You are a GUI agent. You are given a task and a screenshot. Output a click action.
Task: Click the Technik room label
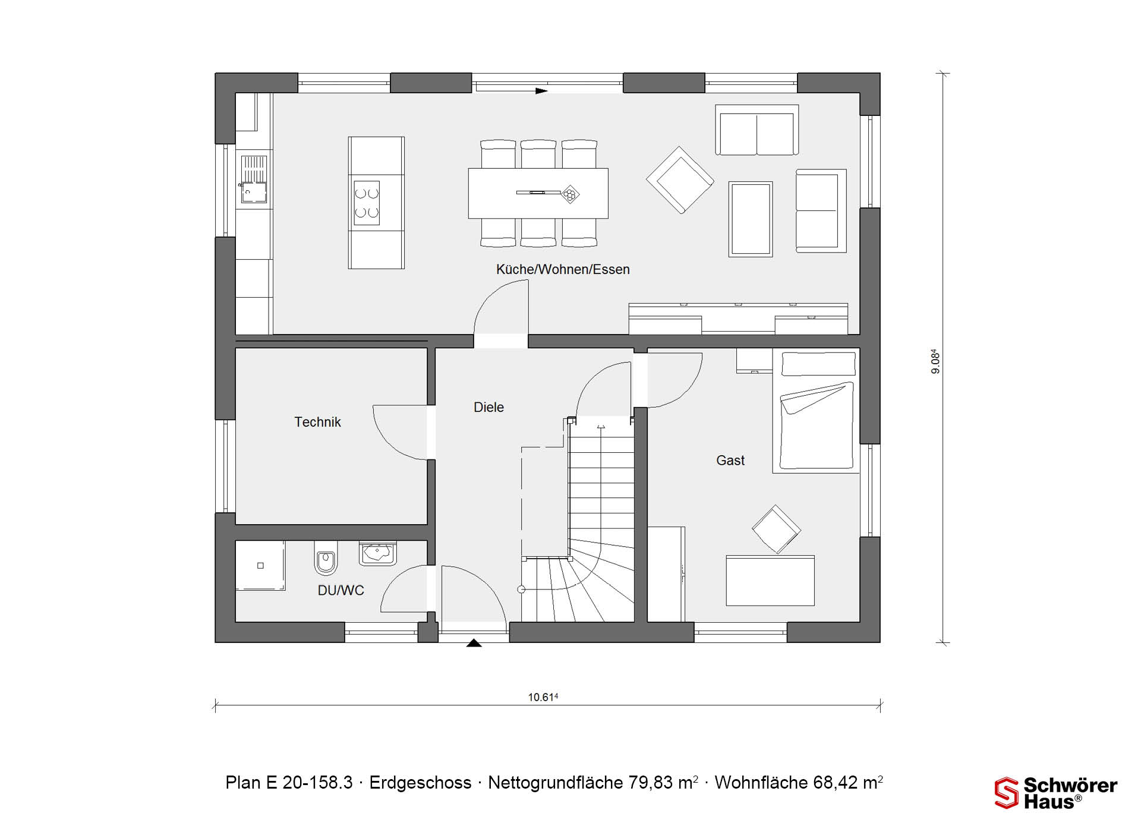tap(317, 422)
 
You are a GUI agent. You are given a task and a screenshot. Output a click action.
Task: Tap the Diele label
tap(488, 407)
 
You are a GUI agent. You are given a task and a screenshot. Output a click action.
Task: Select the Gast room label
tap(730, 460)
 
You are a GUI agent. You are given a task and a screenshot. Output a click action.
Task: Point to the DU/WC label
tap(341, 590)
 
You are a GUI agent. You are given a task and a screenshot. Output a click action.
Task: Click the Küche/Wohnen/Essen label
tap(563, 269)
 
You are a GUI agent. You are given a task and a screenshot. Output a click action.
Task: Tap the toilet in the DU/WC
tap(325, 558)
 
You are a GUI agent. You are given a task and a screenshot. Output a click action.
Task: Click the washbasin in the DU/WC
tap(377, 553)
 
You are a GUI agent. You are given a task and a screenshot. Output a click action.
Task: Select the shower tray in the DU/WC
tap(260, 565)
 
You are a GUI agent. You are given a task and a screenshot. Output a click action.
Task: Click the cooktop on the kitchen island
tap(367, 203)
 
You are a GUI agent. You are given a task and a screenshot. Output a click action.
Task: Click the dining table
tap(538, 193)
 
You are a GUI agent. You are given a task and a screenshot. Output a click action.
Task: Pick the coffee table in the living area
tap(751, 219)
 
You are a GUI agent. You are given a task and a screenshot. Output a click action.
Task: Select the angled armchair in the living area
tap(680, 180)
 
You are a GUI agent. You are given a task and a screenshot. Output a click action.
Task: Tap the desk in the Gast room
tap(770, 581)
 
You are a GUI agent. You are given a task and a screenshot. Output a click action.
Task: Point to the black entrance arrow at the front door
tap(474, 642)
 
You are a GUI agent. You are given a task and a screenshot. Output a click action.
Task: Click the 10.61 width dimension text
tap(543, 697)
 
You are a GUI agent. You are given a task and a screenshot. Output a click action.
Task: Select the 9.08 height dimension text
tap(935, 361)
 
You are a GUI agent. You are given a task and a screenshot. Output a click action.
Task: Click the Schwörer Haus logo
tap(1056, 793)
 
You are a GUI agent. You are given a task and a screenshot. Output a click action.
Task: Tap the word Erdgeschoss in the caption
tap(420, 783)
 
